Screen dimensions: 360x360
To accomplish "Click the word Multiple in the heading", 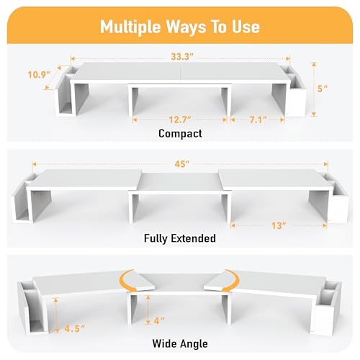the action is tap(130, 27).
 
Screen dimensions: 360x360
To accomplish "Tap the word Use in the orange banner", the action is tap(246, 27).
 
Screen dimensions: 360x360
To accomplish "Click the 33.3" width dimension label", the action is tap(182, 57).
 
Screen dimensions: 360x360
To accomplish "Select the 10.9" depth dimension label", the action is tap(39, 74).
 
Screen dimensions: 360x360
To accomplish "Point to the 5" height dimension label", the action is tap(323, 89).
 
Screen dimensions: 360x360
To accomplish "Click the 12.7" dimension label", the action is tap(180, 120).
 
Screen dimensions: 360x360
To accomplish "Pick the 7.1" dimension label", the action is tap(258, 120).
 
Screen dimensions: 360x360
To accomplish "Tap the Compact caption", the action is tap(180, 134).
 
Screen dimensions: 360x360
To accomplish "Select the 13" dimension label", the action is tap(279, 225).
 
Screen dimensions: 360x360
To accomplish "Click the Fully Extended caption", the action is tap(180, 238).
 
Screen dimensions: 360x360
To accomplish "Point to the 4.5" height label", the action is tap(75, 328).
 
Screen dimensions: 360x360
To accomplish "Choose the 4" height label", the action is tap(159, 320).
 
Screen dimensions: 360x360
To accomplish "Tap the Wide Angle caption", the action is tap(180, 343).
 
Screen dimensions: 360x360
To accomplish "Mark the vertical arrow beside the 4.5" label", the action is tap(56, 315).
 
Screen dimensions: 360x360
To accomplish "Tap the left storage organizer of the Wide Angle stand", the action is tap(32, 307).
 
